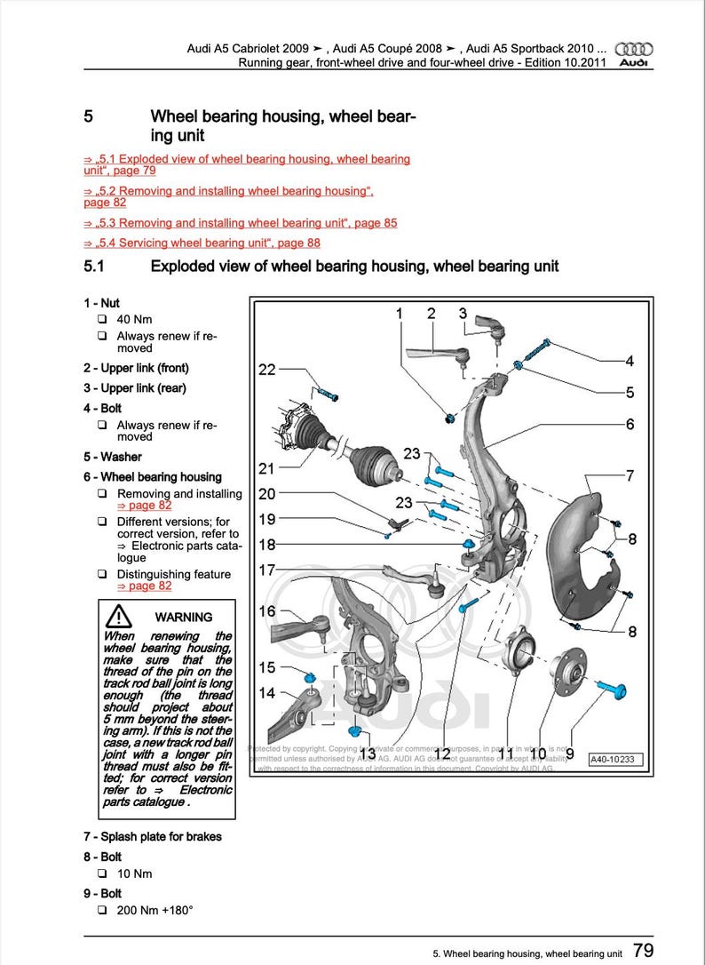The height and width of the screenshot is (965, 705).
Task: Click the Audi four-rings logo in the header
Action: (x=633, y=49)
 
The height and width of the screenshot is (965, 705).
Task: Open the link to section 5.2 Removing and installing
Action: (x=228, y=191)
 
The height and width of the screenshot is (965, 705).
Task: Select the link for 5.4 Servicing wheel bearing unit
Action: (x=202, y=243)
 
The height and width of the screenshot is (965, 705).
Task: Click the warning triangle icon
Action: (x=117, y=616)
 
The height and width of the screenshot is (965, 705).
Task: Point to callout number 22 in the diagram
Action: (x=267, y=370)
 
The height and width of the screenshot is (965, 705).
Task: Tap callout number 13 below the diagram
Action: (x=367, y=754)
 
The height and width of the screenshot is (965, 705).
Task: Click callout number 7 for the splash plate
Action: (x=630, y=475)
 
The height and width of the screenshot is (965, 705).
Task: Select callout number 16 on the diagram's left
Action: (x=267, y=611)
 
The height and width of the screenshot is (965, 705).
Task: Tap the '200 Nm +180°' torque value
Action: (x=154, y=911)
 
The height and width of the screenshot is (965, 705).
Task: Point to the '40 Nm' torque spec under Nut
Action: (x=133, y=319)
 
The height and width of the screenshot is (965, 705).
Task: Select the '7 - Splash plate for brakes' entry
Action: (x=153, y=836)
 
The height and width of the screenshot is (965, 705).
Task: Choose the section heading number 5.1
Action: (x=94, y=266)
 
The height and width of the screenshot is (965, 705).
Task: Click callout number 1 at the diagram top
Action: (x=400, y=313)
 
